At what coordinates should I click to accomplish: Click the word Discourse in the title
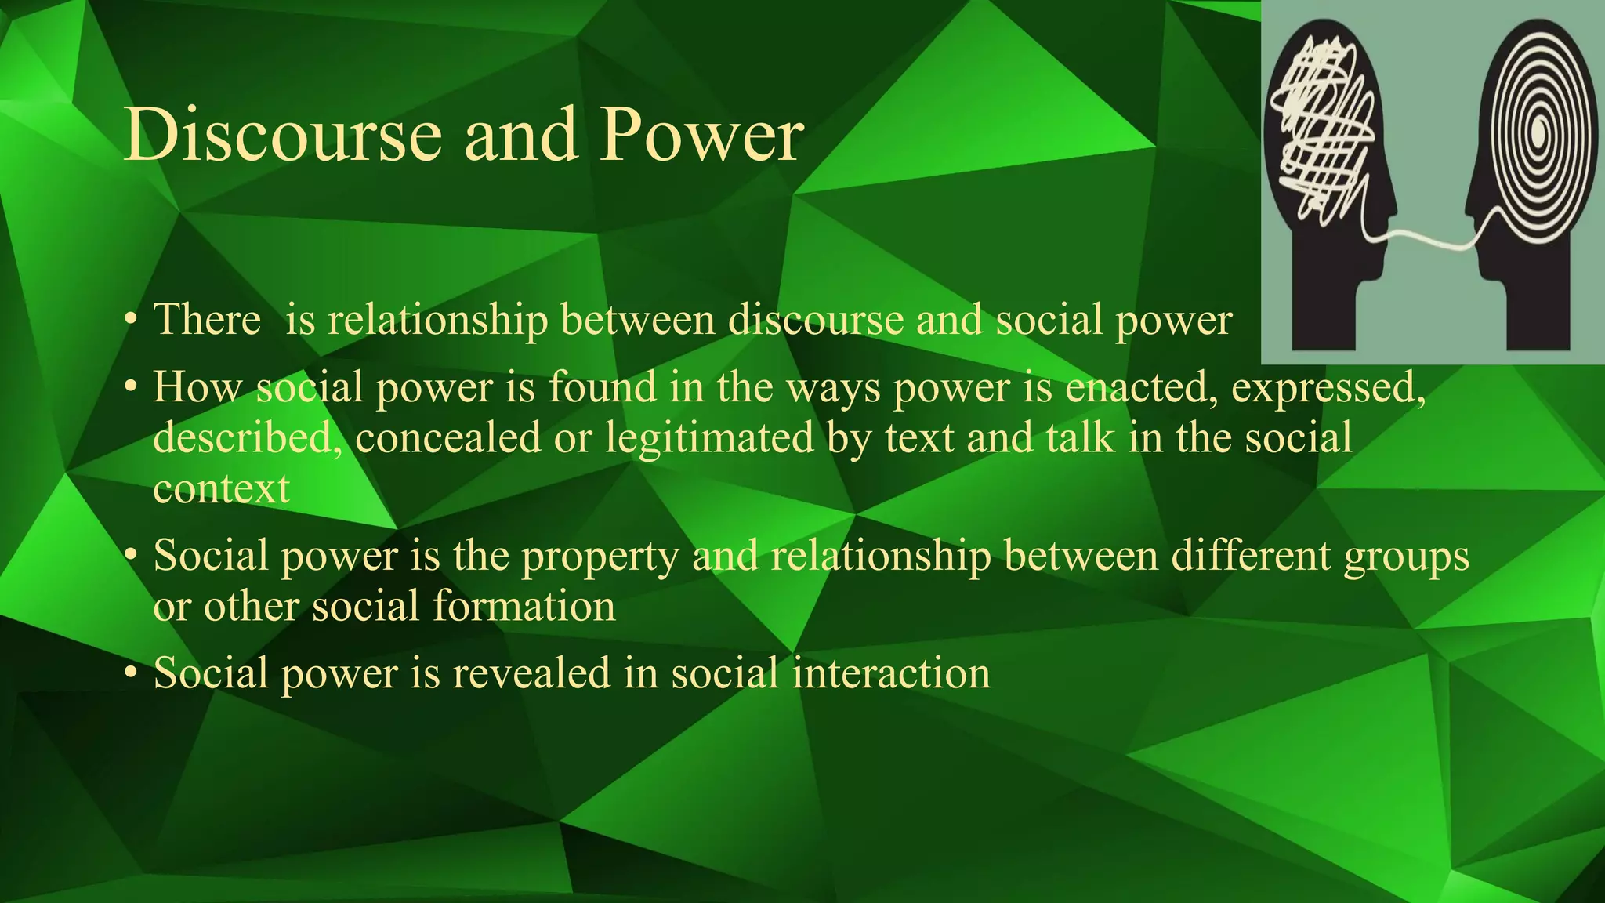[282, 135]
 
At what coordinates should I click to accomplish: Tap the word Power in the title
[701, 135]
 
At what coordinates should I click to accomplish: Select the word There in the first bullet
[207, 320]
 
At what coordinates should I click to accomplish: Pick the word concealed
[447, 437]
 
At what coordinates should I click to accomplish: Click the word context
[221, 488]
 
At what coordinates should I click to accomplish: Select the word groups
[1406, 557]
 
